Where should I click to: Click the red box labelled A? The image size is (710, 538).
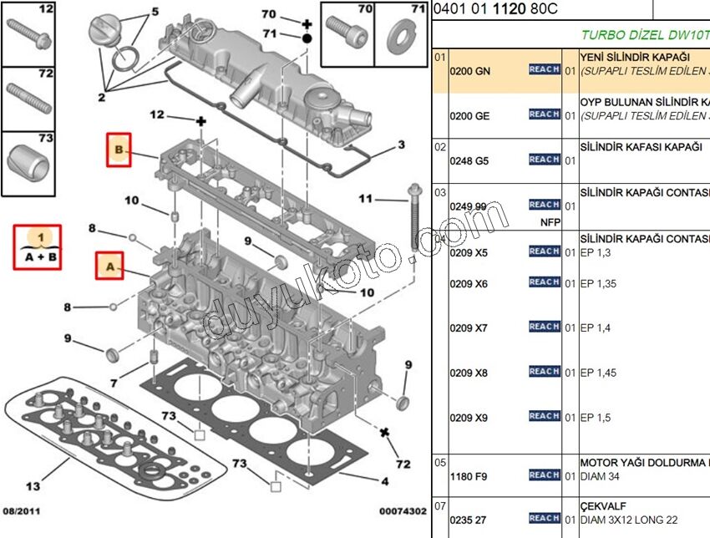click(x=109, y=266)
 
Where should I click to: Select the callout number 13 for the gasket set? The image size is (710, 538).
click(x=33, y=485)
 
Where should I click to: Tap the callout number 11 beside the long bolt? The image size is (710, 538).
click(x=366, y=198)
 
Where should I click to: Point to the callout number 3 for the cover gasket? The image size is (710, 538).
click(x=401, y=145)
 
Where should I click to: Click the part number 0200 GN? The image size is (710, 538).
click(x=469, y=71)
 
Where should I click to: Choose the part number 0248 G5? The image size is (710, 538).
click(x=469, y=160)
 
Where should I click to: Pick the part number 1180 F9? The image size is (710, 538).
click(x=469, y=477)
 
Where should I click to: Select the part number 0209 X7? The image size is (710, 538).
click(x=469, y=327)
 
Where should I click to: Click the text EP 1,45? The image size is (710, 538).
click(x=598, y=373)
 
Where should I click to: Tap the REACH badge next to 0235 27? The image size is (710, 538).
click(x=544, y=519)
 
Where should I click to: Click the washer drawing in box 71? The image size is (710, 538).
click(x=401, y=37)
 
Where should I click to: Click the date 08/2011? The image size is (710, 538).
click(x=23, y=510)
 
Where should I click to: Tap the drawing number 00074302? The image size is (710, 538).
click(x=403, y=510)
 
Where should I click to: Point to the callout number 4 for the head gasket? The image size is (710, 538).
click(x=384, y=481)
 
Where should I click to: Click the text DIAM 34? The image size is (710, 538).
click(x=599, y=477)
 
